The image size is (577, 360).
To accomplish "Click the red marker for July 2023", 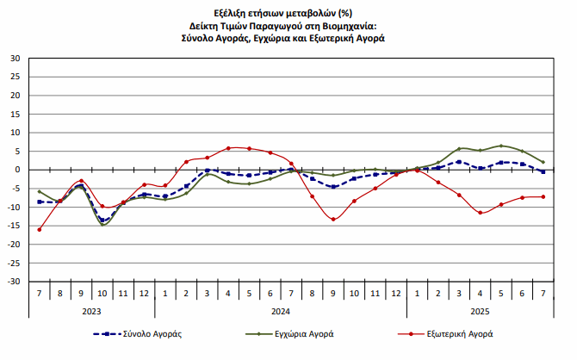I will (x=40, y=229).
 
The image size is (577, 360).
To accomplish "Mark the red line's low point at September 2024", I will (x=333, y=219).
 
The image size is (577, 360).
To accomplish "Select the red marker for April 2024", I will (x=228, y=148).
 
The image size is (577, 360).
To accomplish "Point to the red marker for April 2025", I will (x=481, y=212).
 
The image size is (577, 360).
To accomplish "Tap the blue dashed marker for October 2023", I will (x=102, y=220).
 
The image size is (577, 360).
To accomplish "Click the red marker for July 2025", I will (x=543, y=196).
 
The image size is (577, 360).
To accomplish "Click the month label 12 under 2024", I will (x=396, y=294).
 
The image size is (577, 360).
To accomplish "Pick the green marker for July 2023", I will (x=40, y=191).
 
